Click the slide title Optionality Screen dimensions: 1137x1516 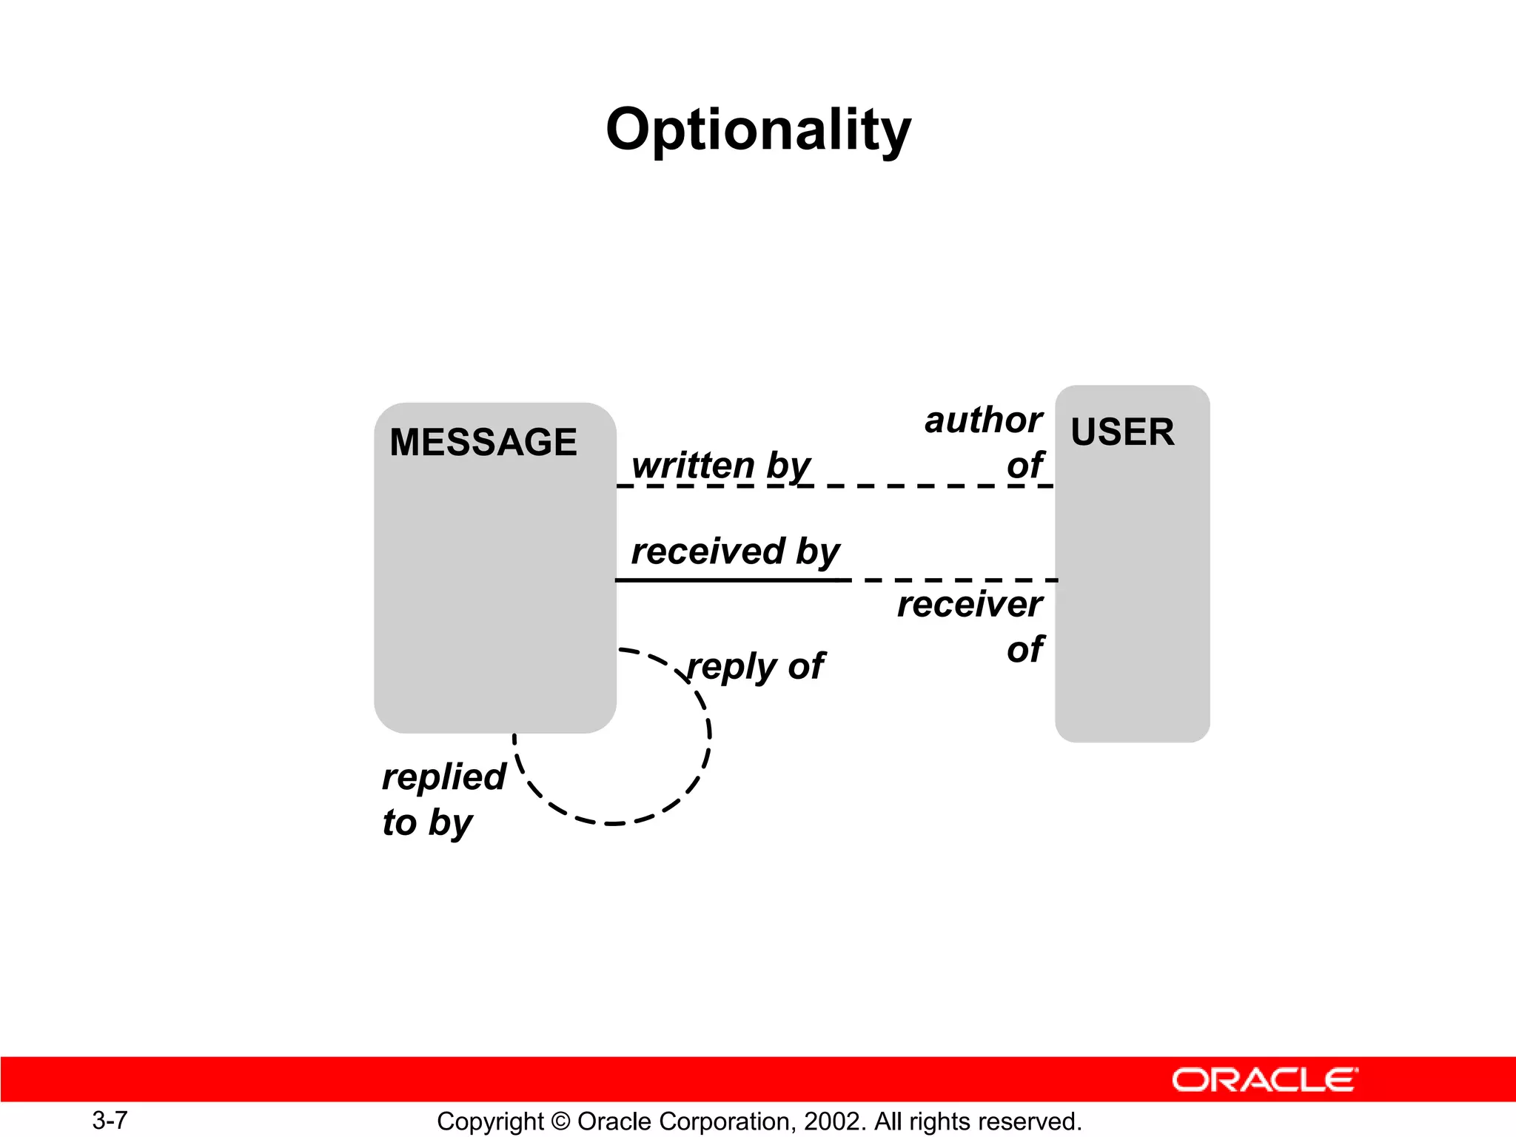click(758, 130)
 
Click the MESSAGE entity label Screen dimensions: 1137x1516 click(483, 443)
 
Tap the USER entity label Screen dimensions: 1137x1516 click(1122, 432)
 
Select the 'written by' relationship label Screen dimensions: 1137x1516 click(721, 466)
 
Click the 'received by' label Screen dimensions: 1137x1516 click(735, 552)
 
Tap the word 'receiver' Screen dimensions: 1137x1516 click(970, 605)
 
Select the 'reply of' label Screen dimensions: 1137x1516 click(755, 666)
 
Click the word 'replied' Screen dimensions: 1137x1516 click(443, 777)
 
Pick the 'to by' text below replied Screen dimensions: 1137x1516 click(427, 823)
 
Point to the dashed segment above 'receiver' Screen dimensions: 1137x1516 click(955, 580)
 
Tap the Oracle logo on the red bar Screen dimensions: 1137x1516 click(1264, 1080)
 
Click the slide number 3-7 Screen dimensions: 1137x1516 click(110, 1120)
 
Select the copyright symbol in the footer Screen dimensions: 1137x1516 click(560, 1121)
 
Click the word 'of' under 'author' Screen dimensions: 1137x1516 click(1024, 466)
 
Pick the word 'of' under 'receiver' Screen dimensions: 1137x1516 click(1024, 650)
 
